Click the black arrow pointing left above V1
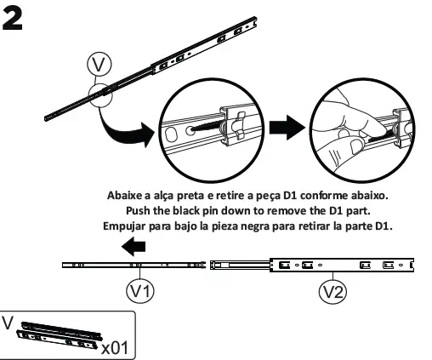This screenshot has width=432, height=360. pos(135,247)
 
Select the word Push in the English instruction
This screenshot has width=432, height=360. pos(142,209)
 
